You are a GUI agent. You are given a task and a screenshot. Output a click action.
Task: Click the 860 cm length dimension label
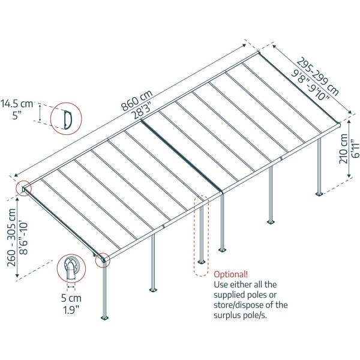[x=137, y=100]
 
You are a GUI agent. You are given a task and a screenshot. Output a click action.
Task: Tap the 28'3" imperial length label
[x=142, y=109]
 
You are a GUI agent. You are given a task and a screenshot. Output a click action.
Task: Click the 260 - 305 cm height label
[x=11, y=238]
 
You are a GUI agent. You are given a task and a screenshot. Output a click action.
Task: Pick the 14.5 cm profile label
[x=17, y=104]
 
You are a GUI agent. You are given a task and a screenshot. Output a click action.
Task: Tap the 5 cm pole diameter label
[x=71, y=298]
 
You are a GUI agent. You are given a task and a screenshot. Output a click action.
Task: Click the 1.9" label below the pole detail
[x=71, y=310]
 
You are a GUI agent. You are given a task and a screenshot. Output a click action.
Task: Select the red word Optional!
[x=231, y=274]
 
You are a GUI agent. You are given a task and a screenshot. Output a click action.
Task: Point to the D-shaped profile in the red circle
[x=68, y=119]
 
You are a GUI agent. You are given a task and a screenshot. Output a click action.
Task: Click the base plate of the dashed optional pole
[x=202, y=262]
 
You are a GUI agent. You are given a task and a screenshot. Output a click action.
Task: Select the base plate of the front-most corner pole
[x=104, y=318]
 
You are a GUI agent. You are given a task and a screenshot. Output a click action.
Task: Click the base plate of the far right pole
[x=319, y=194]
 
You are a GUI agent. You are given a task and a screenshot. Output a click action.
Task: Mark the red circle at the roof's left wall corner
[x=23, y=188]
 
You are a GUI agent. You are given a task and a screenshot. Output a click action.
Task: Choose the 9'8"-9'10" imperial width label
[x=310, y=85]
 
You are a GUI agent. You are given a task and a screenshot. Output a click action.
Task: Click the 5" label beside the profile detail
[x=17, y=115]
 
